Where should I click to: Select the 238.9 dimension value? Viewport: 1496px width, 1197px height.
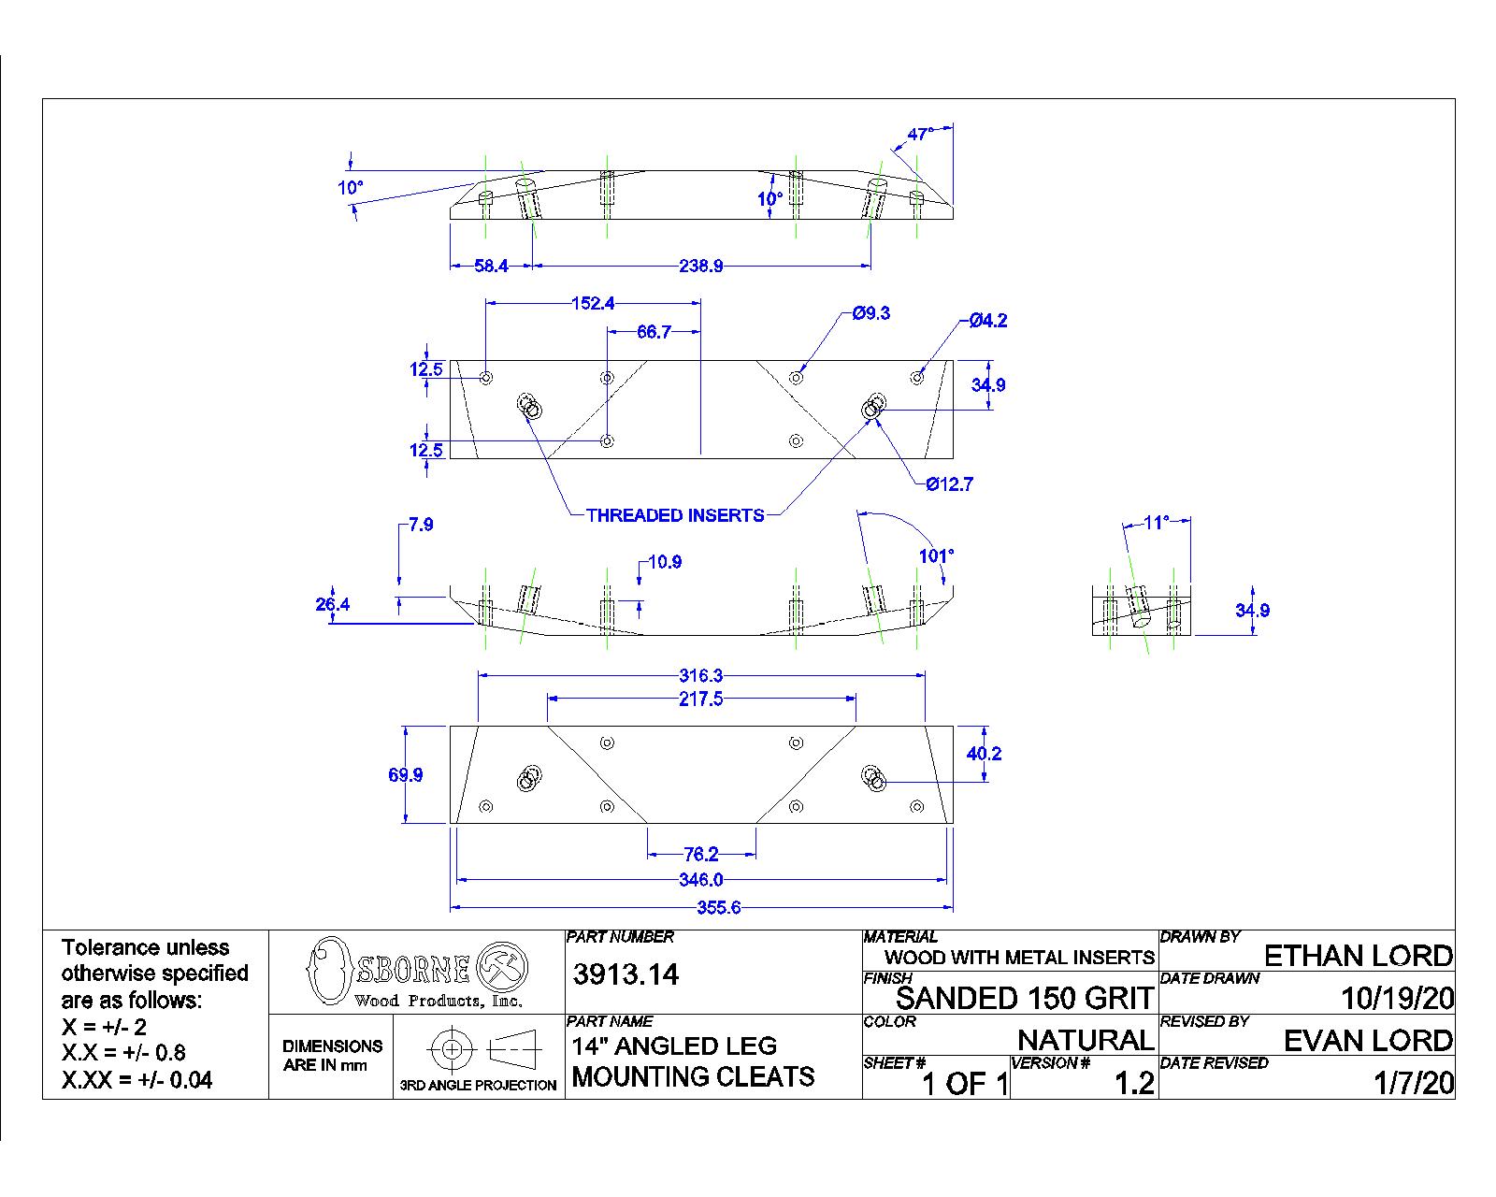point(700,267)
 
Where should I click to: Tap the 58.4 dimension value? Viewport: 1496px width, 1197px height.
point(491,267)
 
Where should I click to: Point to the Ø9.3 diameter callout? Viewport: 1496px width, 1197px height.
point(871,314)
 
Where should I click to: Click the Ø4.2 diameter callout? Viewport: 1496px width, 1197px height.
point(987,321)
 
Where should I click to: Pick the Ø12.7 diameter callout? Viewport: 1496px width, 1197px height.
point(949,484)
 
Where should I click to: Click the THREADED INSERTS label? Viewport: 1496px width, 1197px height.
point(675,515)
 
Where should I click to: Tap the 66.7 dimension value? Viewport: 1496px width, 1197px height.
point(654,332)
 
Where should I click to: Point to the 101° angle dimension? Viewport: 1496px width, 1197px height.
point(936,555)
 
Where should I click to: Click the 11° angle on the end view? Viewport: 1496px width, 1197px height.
point(1157,522)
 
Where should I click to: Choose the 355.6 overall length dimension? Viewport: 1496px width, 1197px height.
point(718,908)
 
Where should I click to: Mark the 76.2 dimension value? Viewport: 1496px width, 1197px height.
point(700,854)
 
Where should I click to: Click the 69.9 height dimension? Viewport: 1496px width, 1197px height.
point(405,775)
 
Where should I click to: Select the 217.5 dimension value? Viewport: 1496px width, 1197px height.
point(700,699)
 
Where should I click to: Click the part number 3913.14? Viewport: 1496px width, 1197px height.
point(626,975)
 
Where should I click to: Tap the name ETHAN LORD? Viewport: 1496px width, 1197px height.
point(1358,956)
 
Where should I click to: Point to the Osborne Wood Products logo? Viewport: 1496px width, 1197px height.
point(417,973)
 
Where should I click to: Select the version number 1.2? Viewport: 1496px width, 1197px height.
point(1133,1083)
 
